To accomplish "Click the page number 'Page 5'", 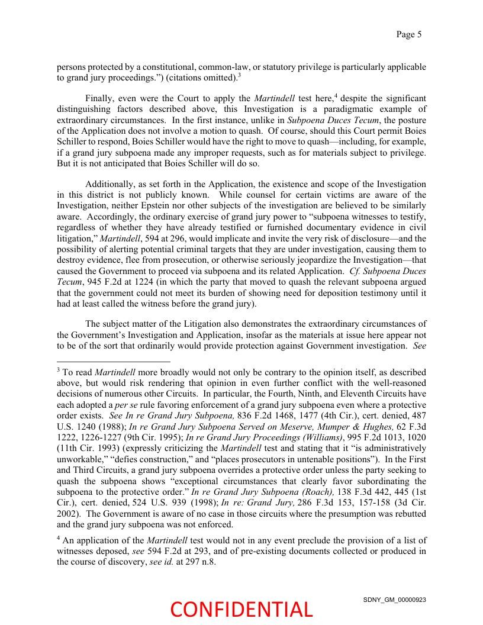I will (409, 34).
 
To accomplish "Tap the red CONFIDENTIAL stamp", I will (241, 609).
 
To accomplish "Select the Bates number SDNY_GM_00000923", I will (394, 600).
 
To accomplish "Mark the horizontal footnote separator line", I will (113, 360).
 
